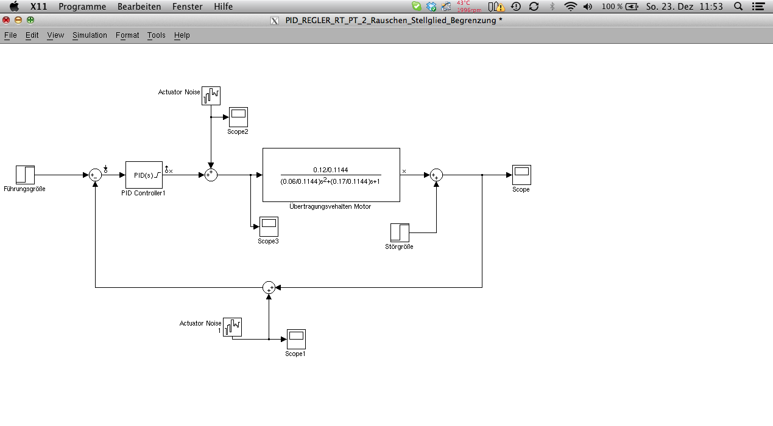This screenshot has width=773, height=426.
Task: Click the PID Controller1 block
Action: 144,175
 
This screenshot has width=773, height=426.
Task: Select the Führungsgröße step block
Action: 25,175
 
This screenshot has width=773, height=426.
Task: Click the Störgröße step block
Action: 400,232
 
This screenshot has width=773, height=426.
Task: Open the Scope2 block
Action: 238,117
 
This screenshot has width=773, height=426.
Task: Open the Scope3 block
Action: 269,226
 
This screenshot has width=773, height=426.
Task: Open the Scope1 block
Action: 296,339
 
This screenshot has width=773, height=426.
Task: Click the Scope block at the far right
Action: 521,175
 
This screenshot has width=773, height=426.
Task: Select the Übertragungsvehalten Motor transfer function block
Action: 331,175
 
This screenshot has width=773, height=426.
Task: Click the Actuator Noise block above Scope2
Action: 211,96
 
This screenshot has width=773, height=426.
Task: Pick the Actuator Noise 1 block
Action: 232,327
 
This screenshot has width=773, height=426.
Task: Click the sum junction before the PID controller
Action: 95,175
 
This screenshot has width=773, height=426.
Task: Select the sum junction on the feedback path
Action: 269,287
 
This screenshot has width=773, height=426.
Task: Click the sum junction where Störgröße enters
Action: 436,175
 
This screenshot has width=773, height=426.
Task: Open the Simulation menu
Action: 90,35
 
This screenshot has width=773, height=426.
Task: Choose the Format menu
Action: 127,35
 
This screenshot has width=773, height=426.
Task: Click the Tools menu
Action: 157,35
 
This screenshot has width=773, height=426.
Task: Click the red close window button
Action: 6,20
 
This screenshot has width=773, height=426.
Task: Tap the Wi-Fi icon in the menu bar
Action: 570,7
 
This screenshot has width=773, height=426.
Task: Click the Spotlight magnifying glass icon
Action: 738,7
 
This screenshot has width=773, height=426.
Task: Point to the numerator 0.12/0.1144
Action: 331,170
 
